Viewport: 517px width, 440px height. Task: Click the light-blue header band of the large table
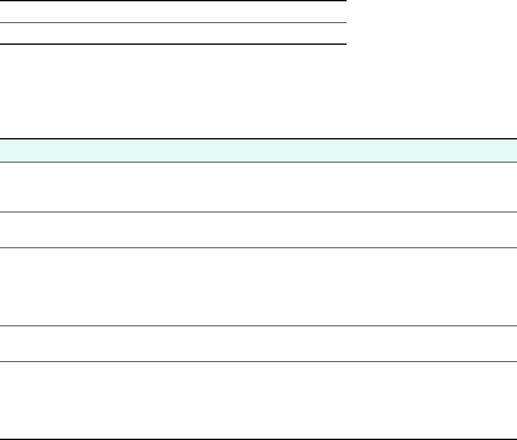258,151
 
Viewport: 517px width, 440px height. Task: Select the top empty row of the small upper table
173,12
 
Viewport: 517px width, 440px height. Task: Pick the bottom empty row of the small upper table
173,34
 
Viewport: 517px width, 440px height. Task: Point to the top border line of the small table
173,1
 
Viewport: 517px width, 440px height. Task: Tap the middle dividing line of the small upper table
173,23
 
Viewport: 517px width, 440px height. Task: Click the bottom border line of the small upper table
173,44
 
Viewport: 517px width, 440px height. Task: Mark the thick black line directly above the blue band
258,139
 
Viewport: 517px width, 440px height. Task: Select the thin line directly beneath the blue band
258,162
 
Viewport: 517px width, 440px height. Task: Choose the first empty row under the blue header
258,187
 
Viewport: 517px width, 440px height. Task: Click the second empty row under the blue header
258,230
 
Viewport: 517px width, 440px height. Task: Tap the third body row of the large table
258,287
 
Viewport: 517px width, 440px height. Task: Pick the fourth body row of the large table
258,344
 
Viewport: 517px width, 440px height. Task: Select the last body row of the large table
258,400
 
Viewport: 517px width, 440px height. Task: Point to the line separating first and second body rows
258,212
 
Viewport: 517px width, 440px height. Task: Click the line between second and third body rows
258,247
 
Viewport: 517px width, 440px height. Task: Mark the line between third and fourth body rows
258,326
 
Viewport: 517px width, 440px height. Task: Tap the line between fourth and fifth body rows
258,362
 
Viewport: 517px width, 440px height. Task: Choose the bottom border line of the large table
258,439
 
